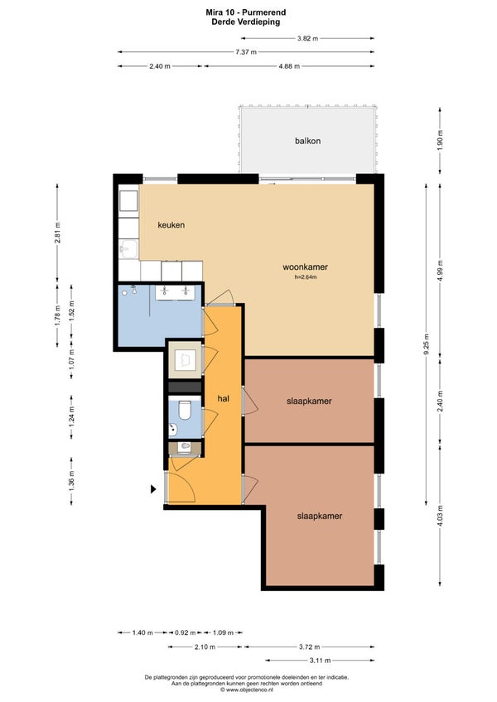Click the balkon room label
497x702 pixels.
[307, 141]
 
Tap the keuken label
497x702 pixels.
[171, 224]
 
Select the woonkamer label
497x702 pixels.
[305, 267]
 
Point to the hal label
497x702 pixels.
[223, 398]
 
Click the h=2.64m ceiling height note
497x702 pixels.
[306, 277]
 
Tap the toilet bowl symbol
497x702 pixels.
[185, 411]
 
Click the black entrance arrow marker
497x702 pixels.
[153, 489]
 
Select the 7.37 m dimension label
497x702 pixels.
[246, 52]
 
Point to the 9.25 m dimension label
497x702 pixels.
[427, 344]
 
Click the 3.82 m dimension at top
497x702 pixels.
[307, 39]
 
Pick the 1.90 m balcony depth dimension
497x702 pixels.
[440, 140]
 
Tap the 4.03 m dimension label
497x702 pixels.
[440, 516]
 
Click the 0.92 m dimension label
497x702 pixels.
[185, 632]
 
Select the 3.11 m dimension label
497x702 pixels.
[320, 661]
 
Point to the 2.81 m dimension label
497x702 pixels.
[57, 233]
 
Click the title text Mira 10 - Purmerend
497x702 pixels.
[245, 12]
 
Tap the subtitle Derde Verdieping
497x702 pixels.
[245, 22]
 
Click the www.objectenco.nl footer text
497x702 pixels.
[246, 690]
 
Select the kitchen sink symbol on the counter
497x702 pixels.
[128, 249]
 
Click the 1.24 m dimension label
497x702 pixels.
[71, 416]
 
